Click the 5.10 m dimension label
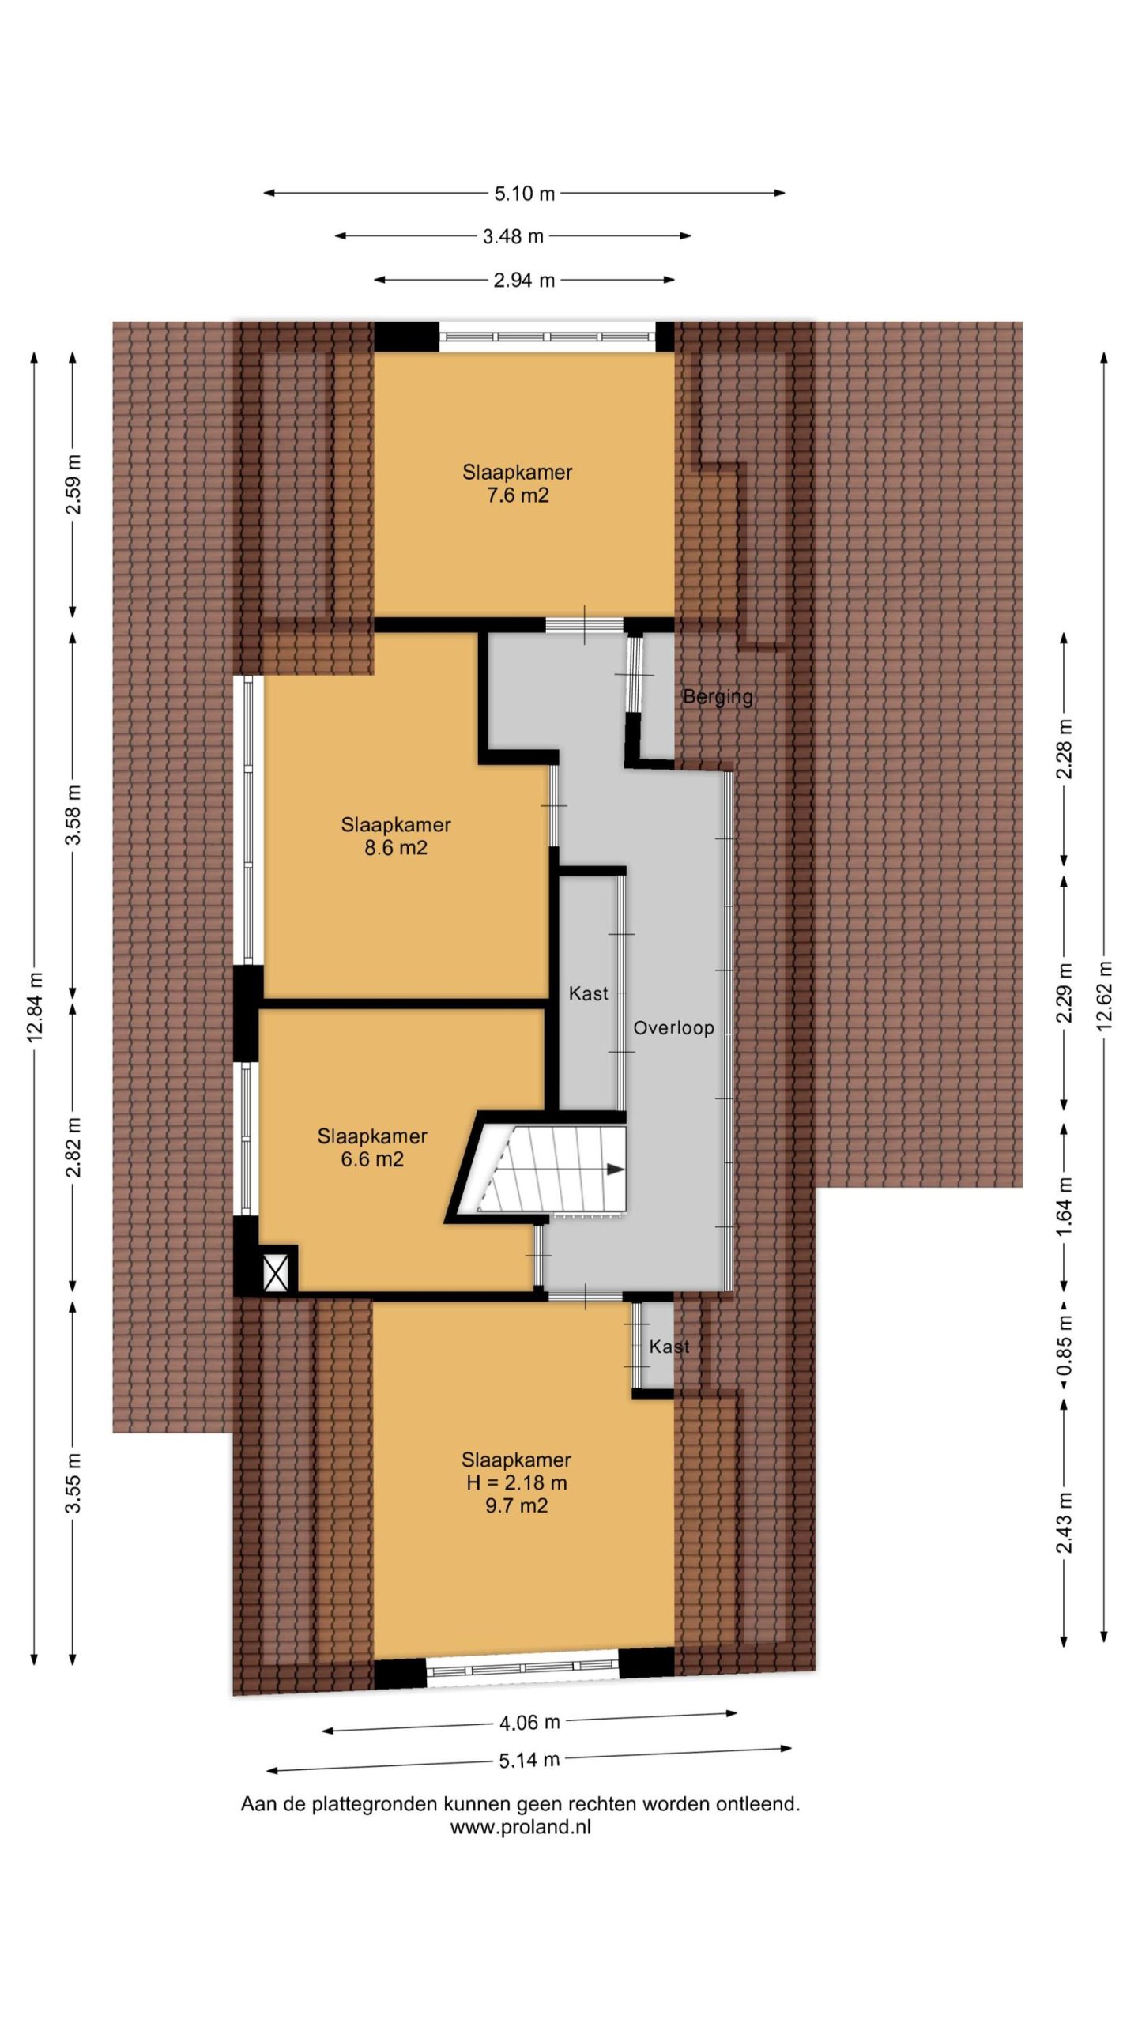click(x=524, y=193)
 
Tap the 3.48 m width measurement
click(x=513, y=235)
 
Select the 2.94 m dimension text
click(x=524, y=280)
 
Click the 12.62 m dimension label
click(x=1104, y=994)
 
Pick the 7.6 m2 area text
click(x=518, y=495)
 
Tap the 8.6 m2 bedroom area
click(x=396, y=848)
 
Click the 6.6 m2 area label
click(x=372, y=1159)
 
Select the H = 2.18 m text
click(x=517, y=1482)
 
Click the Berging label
click(x=718, y=697)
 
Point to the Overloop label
click(x=674, y=1028)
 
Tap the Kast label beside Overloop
click(x=589, y=993)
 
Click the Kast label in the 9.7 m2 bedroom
click(x=669, y=1347)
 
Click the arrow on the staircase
click(x=613, y=1170)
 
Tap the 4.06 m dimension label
click(x=529, y=1721)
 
